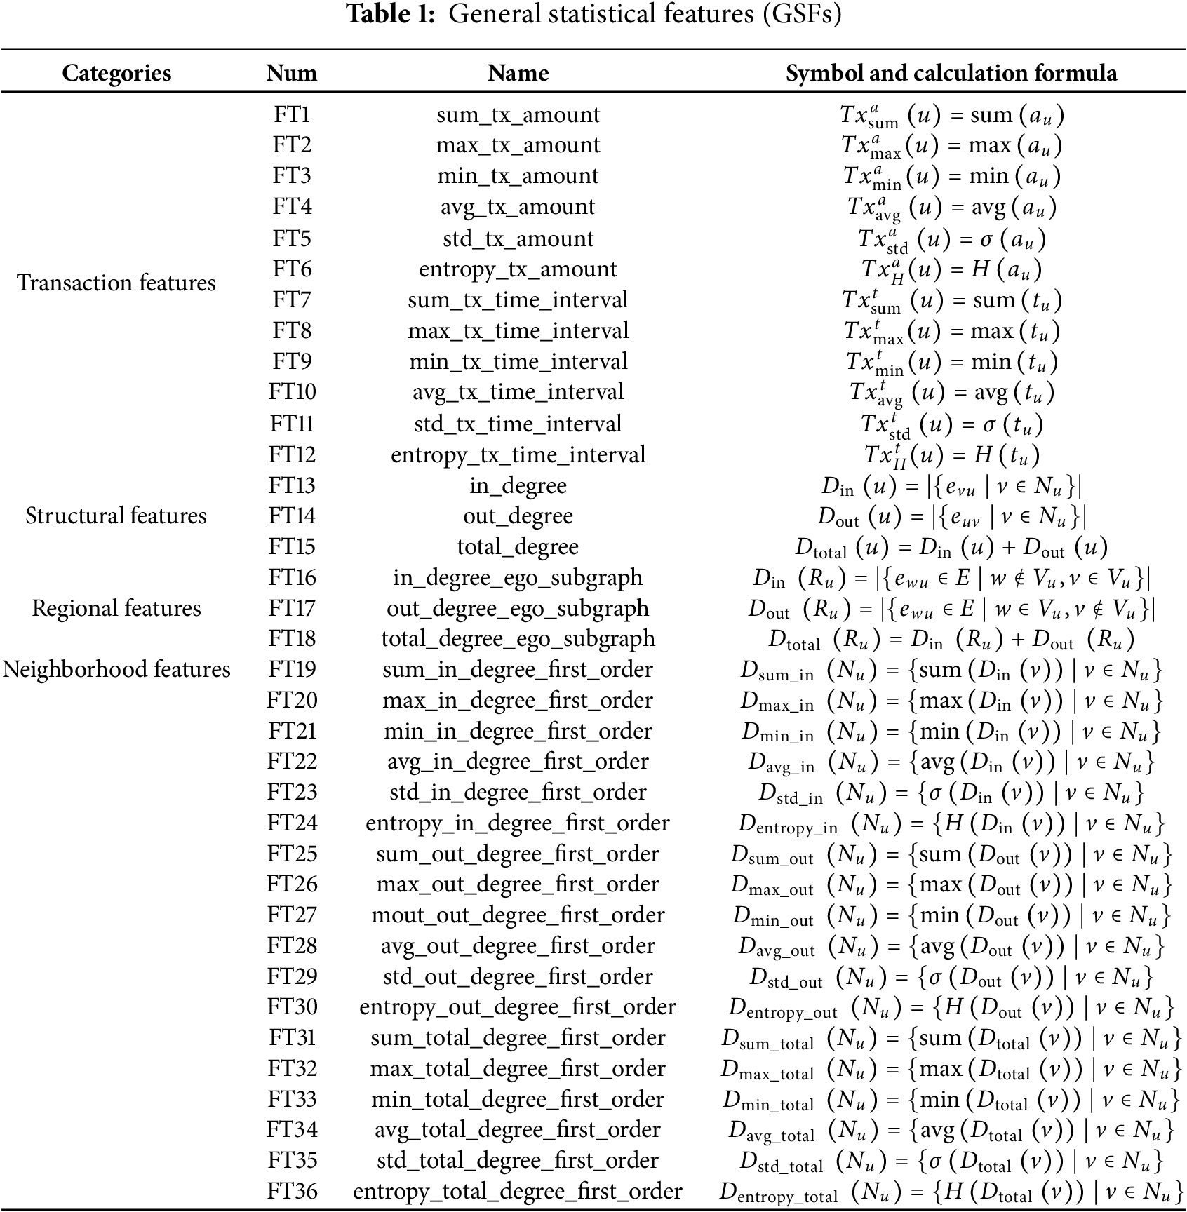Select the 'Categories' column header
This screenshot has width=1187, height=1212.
pyautogui.click(x=116, y=73)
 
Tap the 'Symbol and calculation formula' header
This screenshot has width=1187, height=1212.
pyautogui.click(x=951, y=73)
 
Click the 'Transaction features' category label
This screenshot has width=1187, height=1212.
pyautogui.click(x=116, y=283)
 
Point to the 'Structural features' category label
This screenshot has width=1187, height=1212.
pyautogui.click(x=116, y=516)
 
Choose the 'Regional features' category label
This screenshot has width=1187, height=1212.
pyautogui.click(x=116, y=608)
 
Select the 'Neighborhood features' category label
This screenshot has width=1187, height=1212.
pyautogui.click(x=116, y=669)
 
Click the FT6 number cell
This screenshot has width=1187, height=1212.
pyautogui.click(x=292, y=269)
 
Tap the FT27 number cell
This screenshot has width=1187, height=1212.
pyautogui.click(x=292, y=915)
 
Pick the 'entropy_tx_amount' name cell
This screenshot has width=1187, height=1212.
pyautogui.click(x=518, y=269)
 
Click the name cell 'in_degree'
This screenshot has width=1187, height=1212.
pyautogui.click(x=518, y=485)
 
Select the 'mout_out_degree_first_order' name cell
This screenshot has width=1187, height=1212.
pyautogui.click(x=518, y=915)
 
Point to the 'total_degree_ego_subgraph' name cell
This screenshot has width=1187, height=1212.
pyautogui.click(x=518, y=639)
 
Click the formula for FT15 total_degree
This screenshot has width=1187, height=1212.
pyautogui.click(x=951, y=547)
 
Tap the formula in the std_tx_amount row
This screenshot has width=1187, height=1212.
pyautogui.click(x=951, y=239)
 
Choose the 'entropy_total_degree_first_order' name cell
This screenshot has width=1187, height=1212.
pyautogui.click(x=518, y=1191)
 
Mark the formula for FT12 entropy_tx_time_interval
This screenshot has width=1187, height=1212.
pyautogui.click(x=951, y=455)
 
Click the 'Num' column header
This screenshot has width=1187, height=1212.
pyautogui.click(x=292, y=73)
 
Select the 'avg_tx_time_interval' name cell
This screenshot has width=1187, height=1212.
pyautogui.click(x=518, y=392)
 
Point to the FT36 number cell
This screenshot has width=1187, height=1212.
pyautogui.click(x=292, y=1191)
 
